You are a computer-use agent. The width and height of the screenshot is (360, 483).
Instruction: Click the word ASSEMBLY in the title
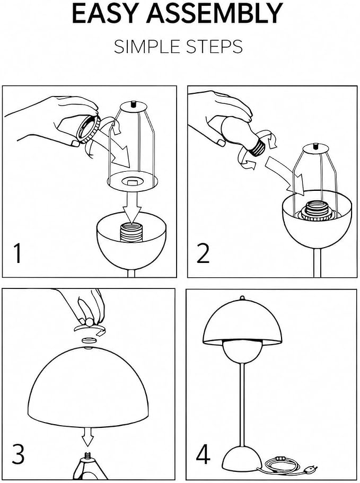[x=215, y=14]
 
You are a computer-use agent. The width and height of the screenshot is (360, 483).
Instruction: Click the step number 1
[x=18, y=253]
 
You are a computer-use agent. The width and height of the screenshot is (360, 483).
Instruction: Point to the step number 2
[x=203, y=253]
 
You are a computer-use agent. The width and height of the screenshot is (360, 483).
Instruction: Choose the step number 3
[x=18, y=454]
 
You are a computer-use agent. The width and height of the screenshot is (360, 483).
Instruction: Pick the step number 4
[x=203, y=454]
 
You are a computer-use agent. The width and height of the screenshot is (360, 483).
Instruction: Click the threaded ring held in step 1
[x=89, y=128]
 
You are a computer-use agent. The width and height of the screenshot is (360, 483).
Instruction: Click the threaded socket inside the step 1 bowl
[x=131, y=233]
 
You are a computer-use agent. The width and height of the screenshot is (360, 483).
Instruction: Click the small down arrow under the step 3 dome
[x=87, y=436]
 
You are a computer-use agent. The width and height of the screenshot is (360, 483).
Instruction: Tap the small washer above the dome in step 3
[x=88, y=340]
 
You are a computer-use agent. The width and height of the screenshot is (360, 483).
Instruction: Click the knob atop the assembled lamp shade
[x=242, y=298]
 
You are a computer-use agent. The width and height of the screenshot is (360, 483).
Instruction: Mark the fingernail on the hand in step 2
[x=221, y=142]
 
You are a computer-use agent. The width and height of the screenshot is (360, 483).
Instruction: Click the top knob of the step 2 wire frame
[x=315, y=146]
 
